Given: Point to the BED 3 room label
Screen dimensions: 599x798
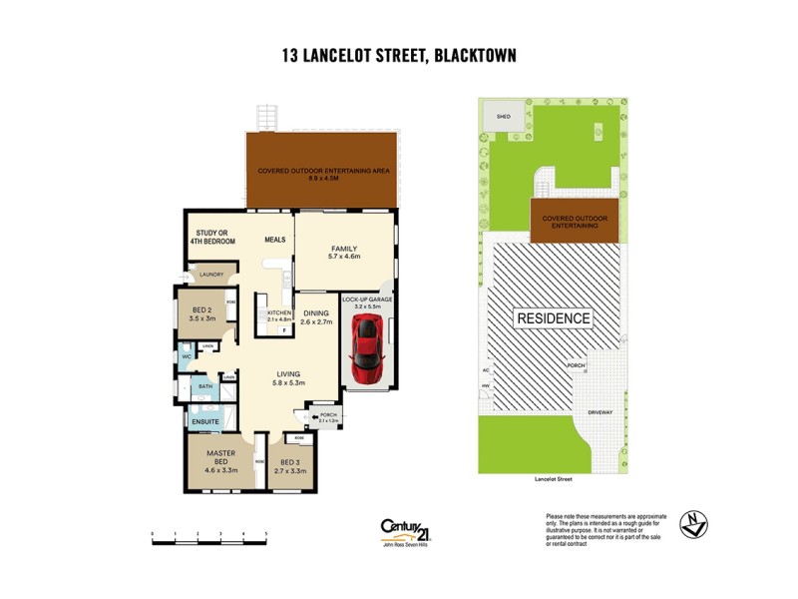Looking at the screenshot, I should (x=290, y=463).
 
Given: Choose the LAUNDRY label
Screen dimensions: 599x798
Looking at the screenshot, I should (x=210, y=275).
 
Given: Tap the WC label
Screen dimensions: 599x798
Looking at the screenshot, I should (x=186, y=355).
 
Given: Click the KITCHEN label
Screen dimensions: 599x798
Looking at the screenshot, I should (x=277, y=314).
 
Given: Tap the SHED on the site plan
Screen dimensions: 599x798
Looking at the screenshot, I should (x=504, y=117).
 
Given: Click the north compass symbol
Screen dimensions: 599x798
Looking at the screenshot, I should (x=694, y=524).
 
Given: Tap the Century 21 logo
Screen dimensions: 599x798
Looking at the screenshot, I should (x=407, y=530).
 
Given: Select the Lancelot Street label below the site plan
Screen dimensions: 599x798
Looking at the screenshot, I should (x=554, y=480).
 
